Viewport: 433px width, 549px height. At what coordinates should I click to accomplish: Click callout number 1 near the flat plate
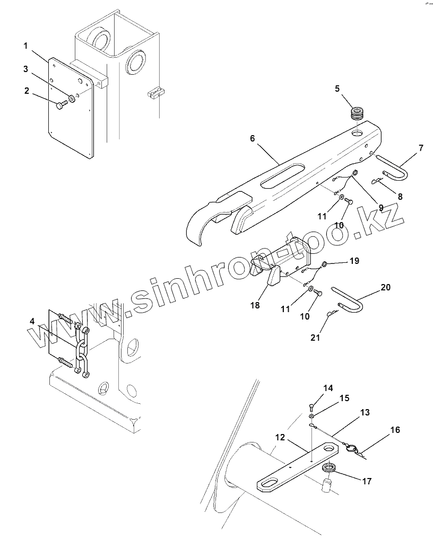click(x=25, y=46)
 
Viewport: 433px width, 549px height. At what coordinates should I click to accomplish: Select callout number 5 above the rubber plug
click(x=337, y=89)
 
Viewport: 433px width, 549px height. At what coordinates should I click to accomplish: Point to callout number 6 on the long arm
click(x=253, y=138)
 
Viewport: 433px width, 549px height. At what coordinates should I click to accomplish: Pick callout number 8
click(x=400, y=196)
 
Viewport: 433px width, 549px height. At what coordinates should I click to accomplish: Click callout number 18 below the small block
click(x=255, y=305)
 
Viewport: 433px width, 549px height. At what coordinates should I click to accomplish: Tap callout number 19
click(x=354, y=261)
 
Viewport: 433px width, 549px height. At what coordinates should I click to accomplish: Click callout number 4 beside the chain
click(x=32, y=322)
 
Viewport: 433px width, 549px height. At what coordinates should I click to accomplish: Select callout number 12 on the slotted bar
click(x=280, y=438)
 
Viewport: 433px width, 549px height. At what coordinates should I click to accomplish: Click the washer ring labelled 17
click(x=329, y=468)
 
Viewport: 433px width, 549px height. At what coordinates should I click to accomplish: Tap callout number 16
click(x=395, y=430)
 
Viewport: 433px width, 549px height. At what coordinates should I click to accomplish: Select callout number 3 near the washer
click(x=25, y=69)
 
